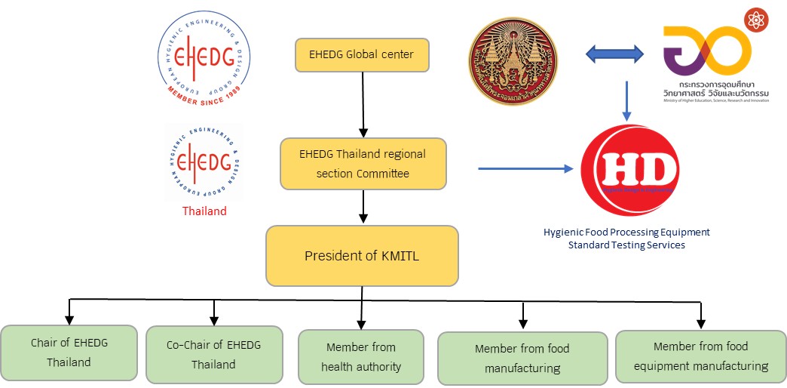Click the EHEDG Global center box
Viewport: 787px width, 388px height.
[362, 54]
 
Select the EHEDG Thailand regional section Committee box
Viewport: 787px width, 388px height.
[363, 163]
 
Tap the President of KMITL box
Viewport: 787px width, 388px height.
[362, 256]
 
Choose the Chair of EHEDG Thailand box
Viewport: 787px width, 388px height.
[69, 353]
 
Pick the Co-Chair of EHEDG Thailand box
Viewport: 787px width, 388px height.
[214, 354]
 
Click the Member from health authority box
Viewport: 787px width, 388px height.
[361, 357]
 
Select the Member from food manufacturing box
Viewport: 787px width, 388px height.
[522, 359]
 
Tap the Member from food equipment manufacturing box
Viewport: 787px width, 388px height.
[701, 356]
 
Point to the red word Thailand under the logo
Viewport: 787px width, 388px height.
[204, 211]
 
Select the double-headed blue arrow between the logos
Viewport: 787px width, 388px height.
[614, 54]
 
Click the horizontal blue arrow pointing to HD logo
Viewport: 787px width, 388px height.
[525, 168]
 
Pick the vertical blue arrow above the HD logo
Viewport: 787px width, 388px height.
[628, 100]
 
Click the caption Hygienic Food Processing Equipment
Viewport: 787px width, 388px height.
[627, 232]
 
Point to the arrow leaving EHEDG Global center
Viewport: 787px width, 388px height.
[364, 102]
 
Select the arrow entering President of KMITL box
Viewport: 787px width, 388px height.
[364, 208]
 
